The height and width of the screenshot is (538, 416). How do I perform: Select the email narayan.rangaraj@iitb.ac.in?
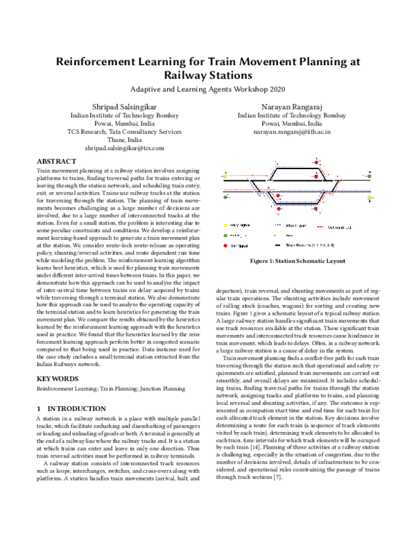point(291,130)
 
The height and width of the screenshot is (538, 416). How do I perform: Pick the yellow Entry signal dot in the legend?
point(224,225)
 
